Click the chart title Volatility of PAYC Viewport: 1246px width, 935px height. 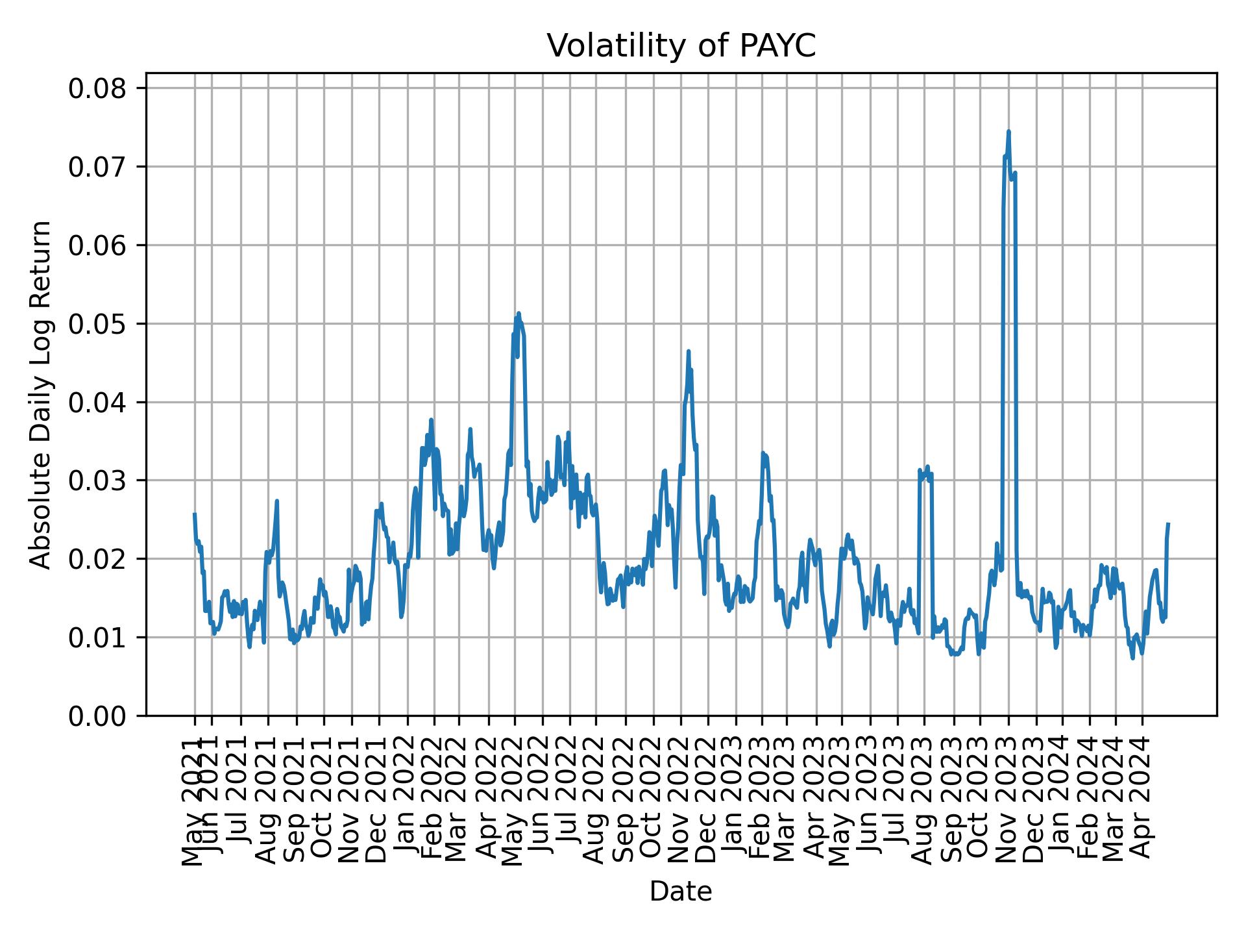pyautogui.click(x=681, y=46)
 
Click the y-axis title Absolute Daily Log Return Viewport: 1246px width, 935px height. pyautogui.click(x=42, y=394)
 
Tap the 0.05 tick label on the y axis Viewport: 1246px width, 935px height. pyautogui.click(x=97, y=324)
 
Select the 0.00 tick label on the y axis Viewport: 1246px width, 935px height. pyautogui.click(x=97, y=716)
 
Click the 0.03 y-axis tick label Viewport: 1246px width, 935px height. pyautogui.click(x=97, y=480)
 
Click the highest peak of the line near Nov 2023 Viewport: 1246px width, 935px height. pyautogui.click(x=1008, y=132)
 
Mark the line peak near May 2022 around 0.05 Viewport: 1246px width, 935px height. pyautogui.click(x=519, y=314)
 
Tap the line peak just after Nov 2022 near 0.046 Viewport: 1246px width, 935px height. pyautogui.click(x=689, y=351)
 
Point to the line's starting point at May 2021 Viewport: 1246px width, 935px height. pyautogui.click(x=194, y=514)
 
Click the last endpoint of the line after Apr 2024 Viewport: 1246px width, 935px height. pyautogui.click(x=1168, y=523)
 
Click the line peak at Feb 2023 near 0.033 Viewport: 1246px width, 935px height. pyautogui.click(x=763, y=453)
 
